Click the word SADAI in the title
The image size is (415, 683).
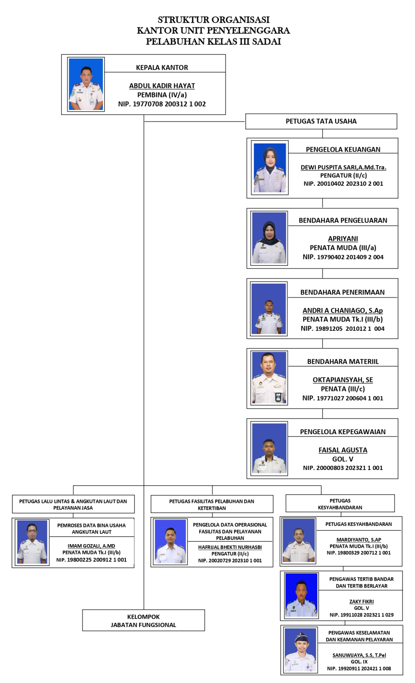pos(266,41)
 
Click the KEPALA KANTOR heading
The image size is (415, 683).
pos(162,67)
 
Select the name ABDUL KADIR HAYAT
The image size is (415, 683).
pos(162,86)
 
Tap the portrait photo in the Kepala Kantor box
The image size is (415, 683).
pos(86,84)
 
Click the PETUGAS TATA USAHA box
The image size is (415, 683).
pos(321,122)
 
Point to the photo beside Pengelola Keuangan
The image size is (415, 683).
pos(270,168)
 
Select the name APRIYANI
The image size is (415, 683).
pos(343,238)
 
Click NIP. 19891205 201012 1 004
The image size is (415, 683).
pos(342,328)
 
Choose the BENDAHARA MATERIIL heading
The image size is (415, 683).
pos(343,362)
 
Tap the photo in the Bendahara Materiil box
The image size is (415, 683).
pos(269,378)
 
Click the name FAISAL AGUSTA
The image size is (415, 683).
pos(343,450)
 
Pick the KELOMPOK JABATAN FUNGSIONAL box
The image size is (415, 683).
pos(144,620)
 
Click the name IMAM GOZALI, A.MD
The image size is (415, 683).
pos(91,546)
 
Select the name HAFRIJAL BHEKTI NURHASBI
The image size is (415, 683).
pos(230,547)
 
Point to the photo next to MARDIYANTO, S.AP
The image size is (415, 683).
pos(298,540)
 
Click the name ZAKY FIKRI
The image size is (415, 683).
pos(361,601)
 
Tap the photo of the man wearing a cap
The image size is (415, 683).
pos(300,650)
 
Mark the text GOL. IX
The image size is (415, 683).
pos(359,662)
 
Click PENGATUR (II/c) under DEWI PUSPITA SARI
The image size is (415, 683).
pos(343,175)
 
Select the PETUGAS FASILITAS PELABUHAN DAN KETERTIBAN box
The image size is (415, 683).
pos(212,504)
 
